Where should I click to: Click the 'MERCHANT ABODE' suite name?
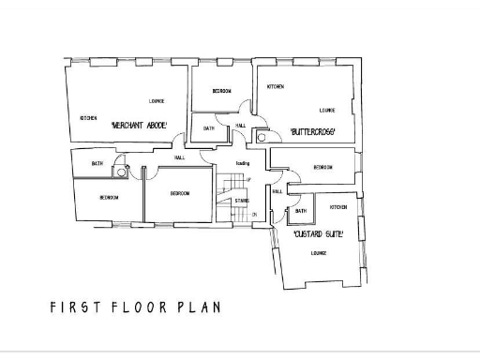pyautogui.click(x=139, y=125)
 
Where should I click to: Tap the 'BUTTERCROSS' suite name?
pyautogui.click(x=312, y=130)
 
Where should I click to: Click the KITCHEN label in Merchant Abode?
pyautogui.click(x=89, y=118)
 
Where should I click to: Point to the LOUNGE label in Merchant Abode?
pyautogui.click(x=157, y=100)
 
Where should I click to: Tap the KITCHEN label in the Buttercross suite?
pyautogui.click(x=276, y=86)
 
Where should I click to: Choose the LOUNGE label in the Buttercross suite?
pyautogui.click(x=326, y=109)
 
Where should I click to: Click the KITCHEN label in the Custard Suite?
pyautogui.click(x=338, y=206)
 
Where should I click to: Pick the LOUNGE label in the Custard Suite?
pyautogui.click(x=318, y=253)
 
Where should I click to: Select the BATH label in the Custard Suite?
pyautogui.click(x=300, y=211)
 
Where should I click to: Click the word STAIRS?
pyautogui.click(x=241, y=200)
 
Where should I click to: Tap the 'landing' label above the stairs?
pyautogui.click(x=242, y=163)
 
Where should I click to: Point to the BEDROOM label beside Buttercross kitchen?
pyautogui.click(x=222, y=91)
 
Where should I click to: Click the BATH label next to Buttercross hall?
pyautogui.click(x=208, y=127)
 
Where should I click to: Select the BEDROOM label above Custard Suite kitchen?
pyautogui.click(x=323, y=167)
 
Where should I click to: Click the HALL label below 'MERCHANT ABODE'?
pyautogui.click(x=179, y=157)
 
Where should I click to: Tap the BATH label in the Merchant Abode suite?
pyautogui.click(x=97, y=164)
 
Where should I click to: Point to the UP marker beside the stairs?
pyautogui.click(x=248, y=179)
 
